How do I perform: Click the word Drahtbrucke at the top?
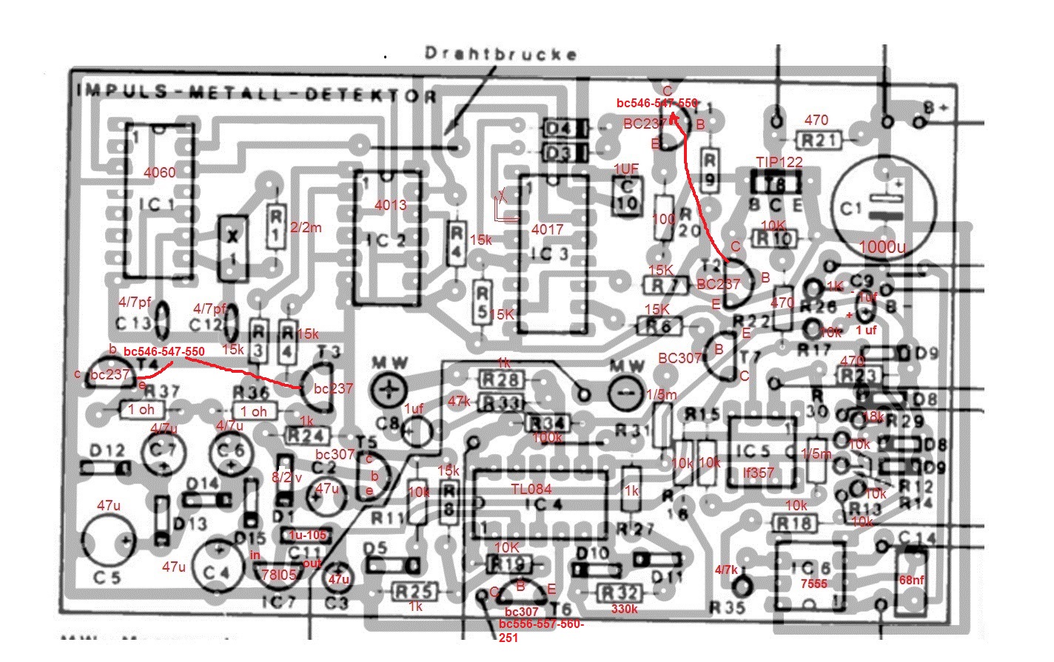pos(500,53)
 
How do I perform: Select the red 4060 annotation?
pos(160,172)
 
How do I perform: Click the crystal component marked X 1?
pos(233,249)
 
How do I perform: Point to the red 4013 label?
pos(390,204)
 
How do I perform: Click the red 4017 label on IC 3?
pos(547,229)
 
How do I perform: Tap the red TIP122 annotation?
pos(779,162)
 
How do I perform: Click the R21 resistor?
pos(819,140)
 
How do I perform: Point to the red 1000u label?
pos(882,246)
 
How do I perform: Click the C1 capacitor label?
pos(851,209)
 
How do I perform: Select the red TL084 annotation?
pos(531,489)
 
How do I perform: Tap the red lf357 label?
pos(758,472)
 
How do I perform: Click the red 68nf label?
pos(911,580)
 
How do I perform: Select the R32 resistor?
pos(619,592)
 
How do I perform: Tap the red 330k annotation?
pos(624,609)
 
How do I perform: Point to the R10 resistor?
pos(774,238)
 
